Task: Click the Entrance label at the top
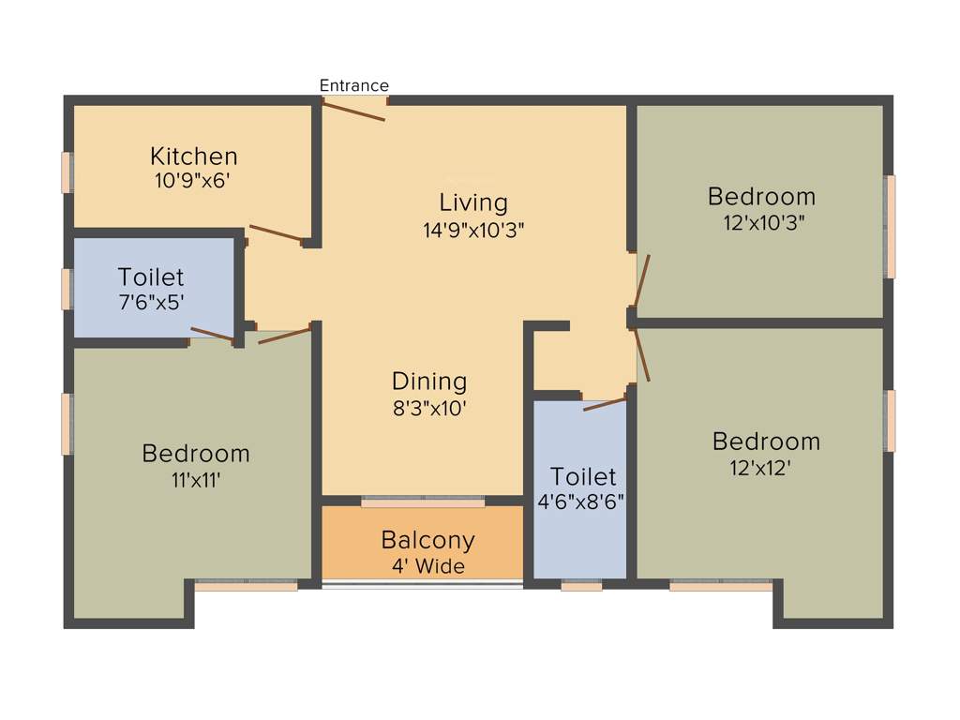[353, 85]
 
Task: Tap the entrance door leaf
[353, 111]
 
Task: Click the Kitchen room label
[194, 156]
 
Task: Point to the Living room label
[473, 202]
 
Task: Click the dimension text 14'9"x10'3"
[473, 230]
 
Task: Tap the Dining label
[429, 382]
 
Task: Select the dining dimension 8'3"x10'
[429, 408]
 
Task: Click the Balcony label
[427, 541]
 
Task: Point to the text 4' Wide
[427, 566]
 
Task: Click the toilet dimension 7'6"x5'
[151, 303]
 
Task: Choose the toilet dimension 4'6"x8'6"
[581, 502]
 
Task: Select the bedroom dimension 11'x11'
[196, 479]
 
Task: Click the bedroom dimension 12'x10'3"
[761, 222]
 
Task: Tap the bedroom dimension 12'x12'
[766, 466]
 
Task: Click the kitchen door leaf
[277, 233]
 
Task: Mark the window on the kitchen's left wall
[67, 172]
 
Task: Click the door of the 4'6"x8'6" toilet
[605, 404]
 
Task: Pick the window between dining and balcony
[423, 502]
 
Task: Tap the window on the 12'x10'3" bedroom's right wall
[891, 226]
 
